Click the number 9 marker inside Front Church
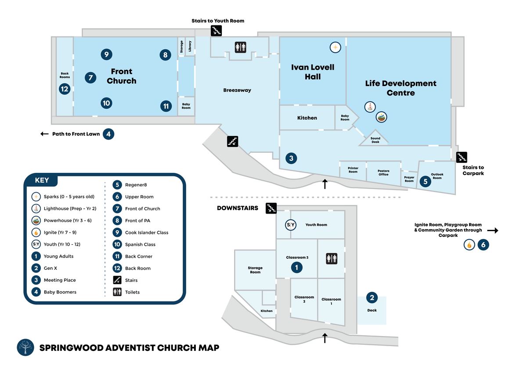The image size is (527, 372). pyautogui.click(x=106, y=54)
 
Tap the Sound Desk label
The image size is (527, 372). pyautogui.click(x=375, y=140)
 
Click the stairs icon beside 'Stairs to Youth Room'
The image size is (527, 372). pyautogui.click(x=217, y=30)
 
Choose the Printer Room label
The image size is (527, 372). pyautogui.click(x=353, y=170)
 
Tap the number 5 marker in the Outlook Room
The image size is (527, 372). pyautogui.click(x=425, y=181)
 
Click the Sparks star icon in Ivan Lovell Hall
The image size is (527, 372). pyautogui.click(x=335, y=47)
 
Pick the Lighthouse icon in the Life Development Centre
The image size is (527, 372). pyautogui.click(x=371, y=107)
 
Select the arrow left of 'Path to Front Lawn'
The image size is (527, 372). pyautogui.click(x=45, y=134)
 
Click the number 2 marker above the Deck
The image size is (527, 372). pyautogui.click(x=372, y=298)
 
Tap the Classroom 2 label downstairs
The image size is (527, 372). pyautogui.click(x=304, y=299)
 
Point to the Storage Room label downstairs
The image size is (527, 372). pyautogui.click(x=255, y=270)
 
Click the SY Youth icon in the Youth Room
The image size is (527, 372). pyautogui.click(x=291, y=225)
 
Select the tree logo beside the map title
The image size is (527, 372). pyautogui.click(x=25, y=347)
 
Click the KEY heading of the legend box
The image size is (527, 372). pyautogui.click(x=42, y=180)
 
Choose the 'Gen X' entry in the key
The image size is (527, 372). pyautogui.click(x=50, y=268)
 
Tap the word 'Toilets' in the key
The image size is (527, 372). pyautogui.click(x=132, y=292)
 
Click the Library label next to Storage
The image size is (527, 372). pyautogui.click(x=190, y=46)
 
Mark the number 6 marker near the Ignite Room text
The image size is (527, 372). pyautogui.click(x=483, y=245)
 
